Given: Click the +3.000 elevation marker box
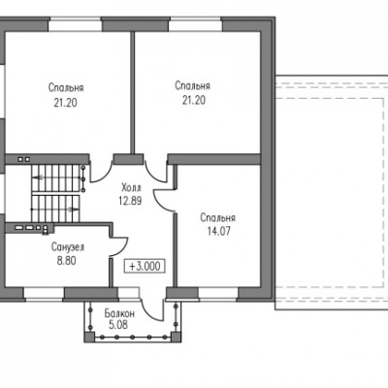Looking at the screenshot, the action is pos(145,266).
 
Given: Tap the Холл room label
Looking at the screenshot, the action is pos(131,187).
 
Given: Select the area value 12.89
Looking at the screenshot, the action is pos(130,201).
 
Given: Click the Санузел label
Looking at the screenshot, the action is pos(68,247).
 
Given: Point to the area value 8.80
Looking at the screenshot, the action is pos(67,261).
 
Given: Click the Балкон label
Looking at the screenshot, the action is pos(119,313).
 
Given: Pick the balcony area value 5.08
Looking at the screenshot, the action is pos(118,325).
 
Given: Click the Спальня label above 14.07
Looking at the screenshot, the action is pos(217,218).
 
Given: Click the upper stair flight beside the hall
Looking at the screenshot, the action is pos(56,178).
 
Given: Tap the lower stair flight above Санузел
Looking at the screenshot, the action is pos(55,209).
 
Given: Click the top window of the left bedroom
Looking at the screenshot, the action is pos(75,25).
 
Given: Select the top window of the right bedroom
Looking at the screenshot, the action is pos(196,25).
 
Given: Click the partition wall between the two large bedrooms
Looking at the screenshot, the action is pos(133,92).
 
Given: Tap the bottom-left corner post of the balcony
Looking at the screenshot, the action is pos(89,338).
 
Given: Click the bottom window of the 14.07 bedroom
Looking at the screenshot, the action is pos(218,294).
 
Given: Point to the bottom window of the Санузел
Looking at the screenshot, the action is pos(44,294).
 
